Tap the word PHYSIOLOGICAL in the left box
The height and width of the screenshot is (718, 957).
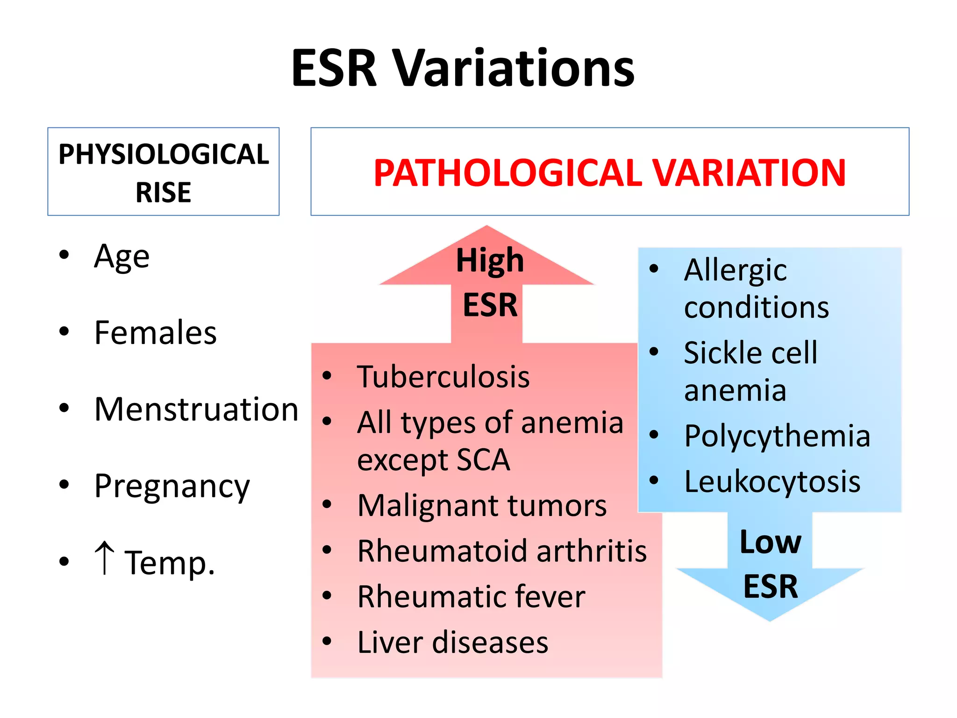[164, 154]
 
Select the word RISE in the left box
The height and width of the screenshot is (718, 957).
[164, 192]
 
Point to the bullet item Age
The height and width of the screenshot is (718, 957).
[121, 256]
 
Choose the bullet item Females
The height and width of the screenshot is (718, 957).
[155, 332]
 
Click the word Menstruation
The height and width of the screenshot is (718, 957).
[196, 409]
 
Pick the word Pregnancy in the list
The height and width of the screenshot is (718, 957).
[172, 486]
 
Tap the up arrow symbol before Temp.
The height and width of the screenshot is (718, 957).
[104, 558]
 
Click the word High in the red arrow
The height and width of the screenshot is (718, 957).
[490, 260]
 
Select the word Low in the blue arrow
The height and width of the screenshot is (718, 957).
[771, 542]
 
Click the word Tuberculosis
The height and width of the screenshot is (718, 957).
[443, 377]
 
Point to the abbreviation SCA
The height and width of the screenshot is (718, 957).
[483, 460]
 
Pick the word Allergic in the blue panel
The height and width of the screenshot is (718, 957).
[736, 270]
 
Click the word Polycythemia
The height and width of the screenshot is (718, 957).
[777, 436]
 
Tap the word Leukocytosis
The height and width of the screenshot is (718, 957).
[772, 481]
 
